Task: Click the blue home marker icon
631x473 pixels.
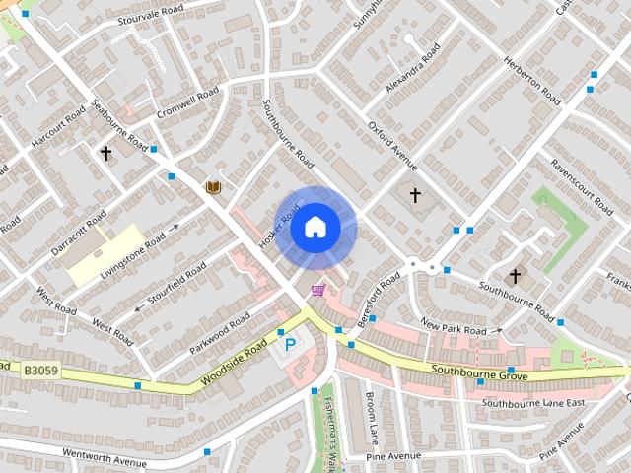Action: pyautogui.click(x=315, y=228)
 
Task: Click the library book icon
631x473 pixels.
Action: pyautogui.click(x=212, y=187)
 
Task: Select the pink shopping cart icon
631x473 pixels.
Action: pyautogui.click(x=317, y=290)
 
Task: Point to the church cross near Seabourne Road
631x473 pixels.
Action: pyautogui.click(x=105, y=154)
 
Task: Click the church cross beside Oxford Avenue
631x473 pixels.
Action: pyautogui.click(x=415, y=195)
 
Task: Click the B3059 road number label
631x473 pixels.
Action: pyautogui.click(x=42, y=371)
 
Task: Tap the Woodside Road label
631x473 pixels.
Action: pyautogui.click(x=234, y=365)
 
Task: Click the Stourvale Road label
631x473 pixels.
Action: pyautogui.click(x=149, y=16)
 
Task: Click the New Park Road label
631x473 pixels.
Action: pyautogui.click(x=454, y=329)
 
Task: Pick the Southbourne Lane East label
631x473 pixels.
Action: pyautogui.click(x=533, y=403)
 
